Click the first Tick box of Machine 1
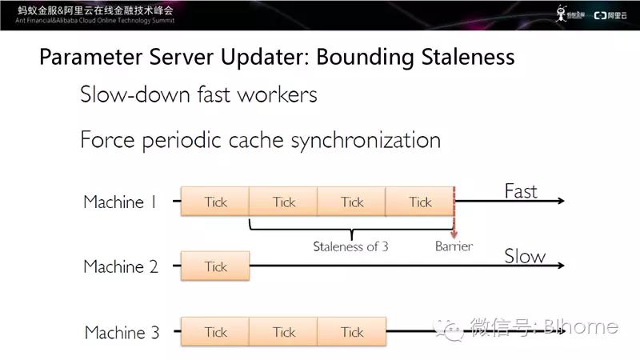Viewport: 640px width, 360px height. tap(215, 202)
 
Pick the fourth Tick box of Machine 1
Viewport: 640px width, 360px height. tap(420, 202)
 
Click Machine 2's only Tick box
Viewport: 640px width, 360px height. tap(215, 266)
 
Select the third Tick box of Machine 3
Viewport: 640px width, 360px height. tap(352, 332)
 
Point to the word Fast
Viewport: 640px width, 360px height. tap(521, 191)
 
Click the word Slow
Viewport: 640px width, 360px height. tap(525, 256)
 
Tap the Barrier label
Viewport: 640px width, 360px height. tap(454, 246)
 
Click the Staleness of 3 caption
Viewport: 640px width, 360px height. tap(350, 246)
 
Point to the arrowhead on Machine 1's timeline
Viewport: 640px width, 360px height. tap(560, 201)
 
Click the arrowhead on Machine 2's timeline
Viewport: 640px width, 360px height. tap(560, 266)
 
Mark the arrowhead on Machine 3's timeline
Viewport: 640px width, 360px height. tap(560, 331)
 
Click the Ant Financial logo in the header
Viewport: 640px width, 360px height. tap(570, 14)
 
